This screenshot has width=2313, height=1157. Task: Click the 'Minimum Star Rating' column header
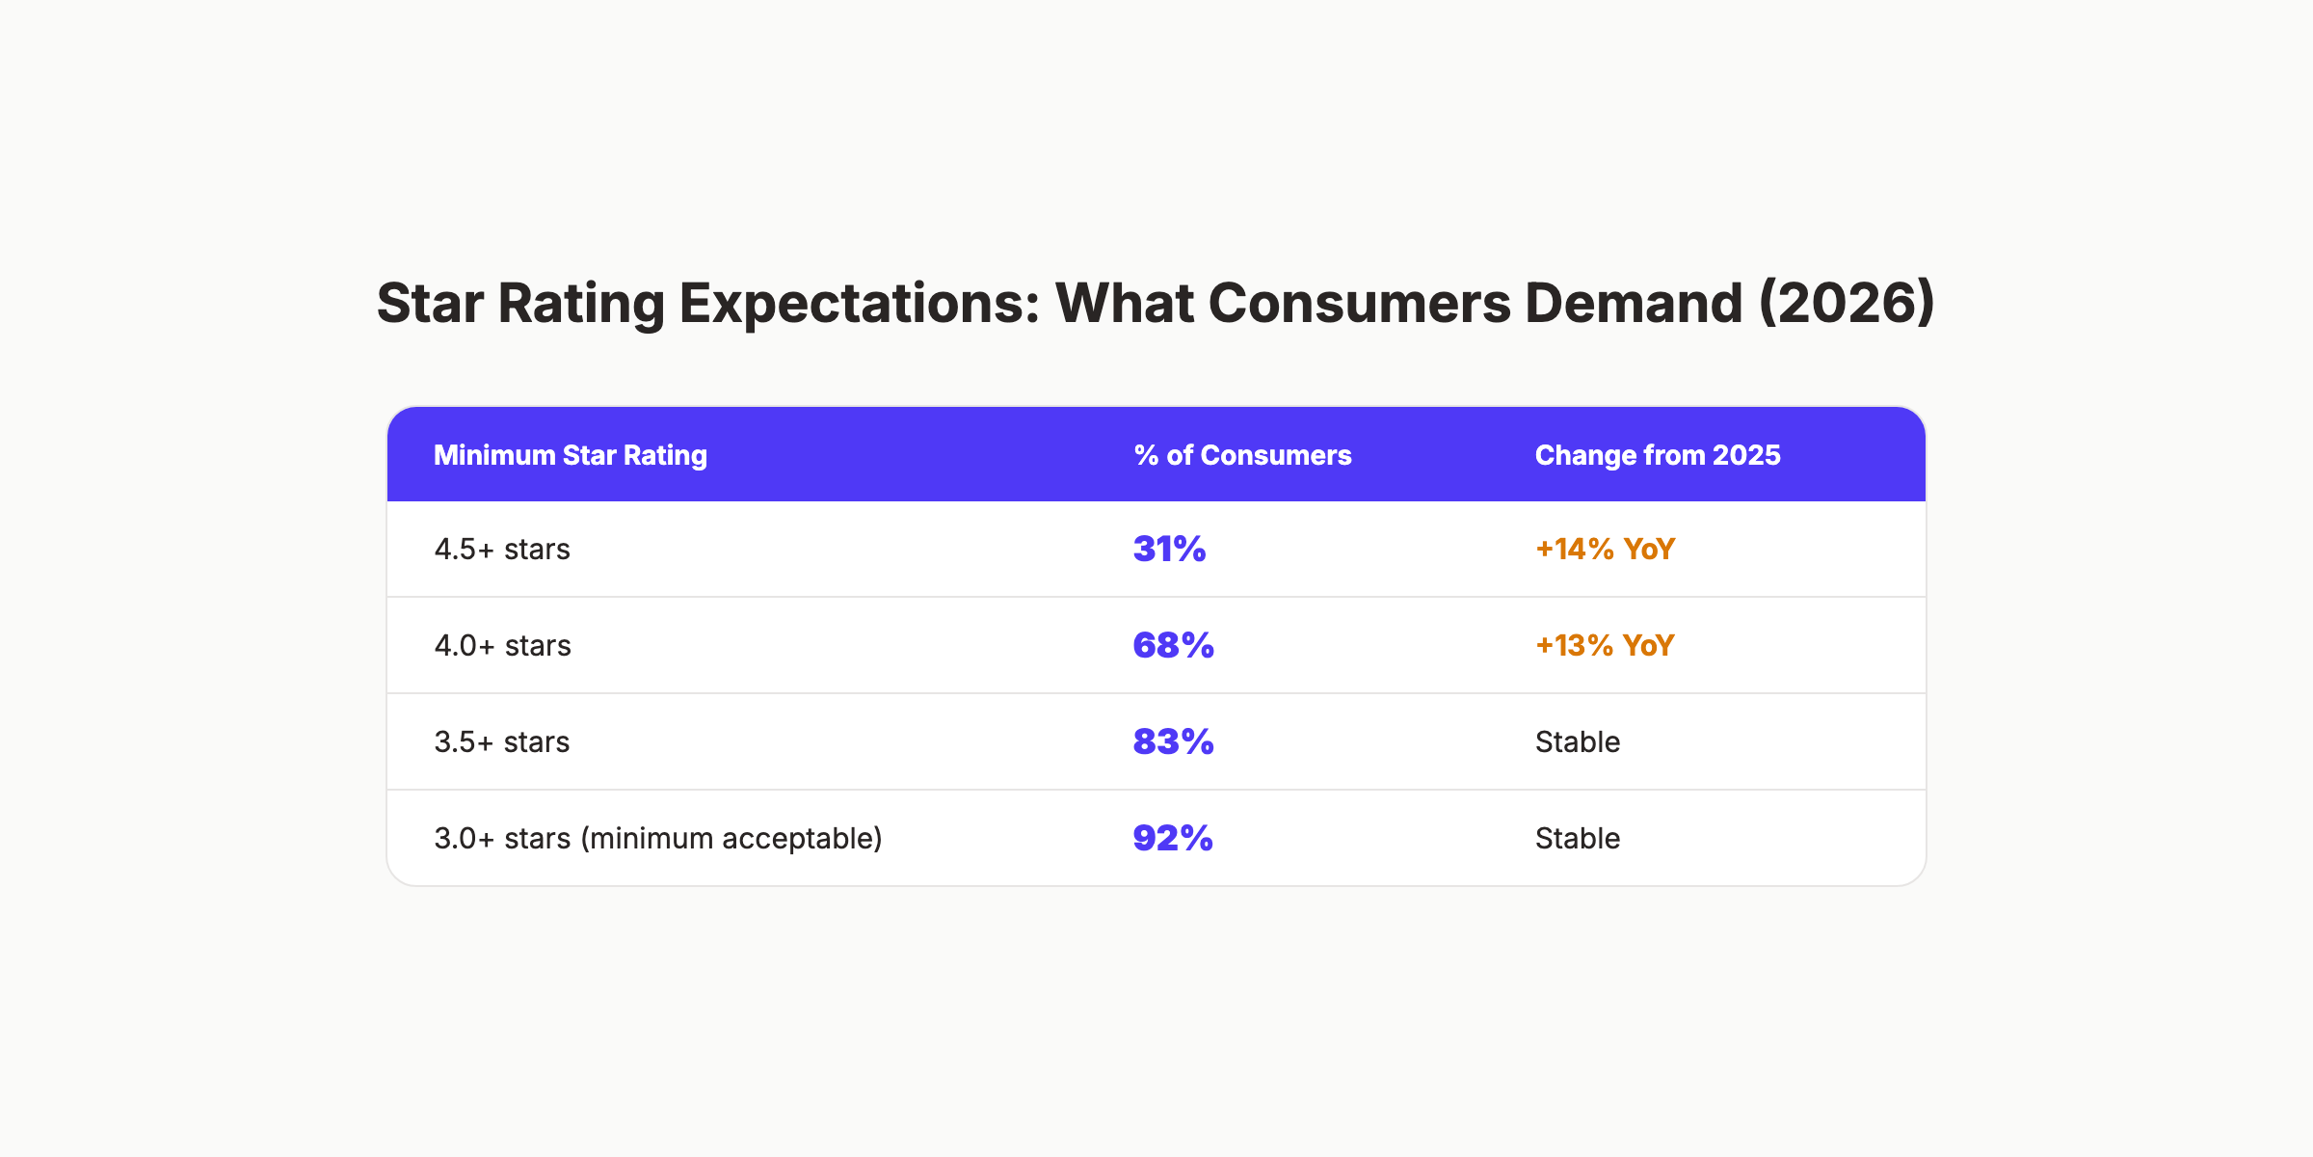[571, 455]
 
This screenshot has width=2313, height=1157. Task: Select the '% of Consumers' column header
[1242, 455]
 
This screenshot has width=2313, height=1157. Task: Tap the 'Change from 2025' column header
[1657, 455]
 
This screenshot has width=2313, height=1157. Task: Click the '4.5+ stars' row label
[502, 550]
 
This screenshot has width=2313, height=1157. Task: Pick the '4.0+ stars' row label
[502, 646]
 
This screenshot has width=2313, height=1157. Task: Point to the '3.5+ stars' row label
[502, 742]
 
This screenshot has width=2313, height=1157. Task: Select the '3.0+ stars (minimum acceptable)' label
[658, 839]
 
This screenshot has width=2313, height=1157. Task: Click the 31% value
[1169, 550]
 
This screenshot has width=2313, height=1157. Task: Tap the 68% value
[1173, 646]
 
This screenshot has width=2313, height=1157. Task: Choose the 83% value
[1173, 742]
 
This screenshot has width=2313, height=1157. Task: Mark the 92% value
[1172, 839]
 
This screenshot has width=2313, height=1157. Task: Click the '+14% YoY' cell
[1605, 550]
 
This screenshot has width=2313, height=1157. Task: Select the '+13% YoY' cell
[1605, 646]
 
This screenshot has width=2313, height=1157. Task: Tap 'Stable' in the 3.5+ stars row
[1578, 742]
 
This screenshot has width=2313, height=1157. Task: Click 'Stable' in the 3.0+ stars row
[1578, 839]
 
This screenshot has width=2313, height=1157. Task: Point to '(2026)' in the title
[1847, 304]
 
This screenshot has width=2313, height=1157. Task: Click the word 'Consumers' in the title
[1359, 304]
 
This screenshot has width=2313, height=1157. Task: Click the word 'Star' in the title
[430, 304]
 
